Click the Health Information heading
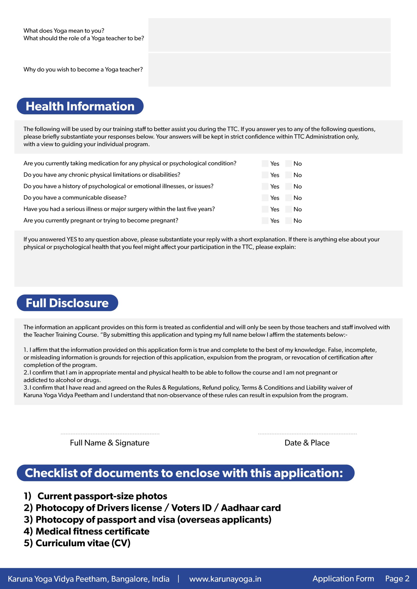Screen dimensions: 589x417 pos(80,106)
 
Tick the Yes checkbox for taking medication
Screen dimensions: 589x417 pos(265,163)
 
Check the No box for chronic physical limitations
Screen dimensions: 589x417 pos(288,175)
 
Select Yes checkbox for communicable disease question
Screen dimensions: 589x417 pos(265,198)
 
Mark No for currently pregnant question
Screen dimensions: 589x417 pos(288,221)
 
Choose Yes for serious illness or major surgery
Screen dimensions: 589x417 pos(265,209)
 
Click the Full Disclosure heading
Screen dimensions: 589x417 pos(67,303)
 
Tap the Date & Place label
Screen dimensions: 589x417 pos(307,443)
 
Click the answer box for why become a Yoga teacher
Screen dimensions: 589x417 pos(269,70)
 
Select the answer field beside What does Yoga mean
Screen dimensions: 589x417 pos(269,35)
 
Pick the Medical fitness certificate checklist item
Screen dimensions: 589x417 pos(87,531)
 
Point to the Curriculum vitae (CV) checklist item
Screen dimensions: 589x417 pos(77,543)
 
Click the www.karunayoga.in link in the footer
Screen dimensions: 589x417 pos(225,579)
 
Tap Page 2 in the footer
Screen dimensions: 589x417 pos(397,579)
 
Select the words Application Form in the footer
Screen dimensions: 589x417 pos(343,579)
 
